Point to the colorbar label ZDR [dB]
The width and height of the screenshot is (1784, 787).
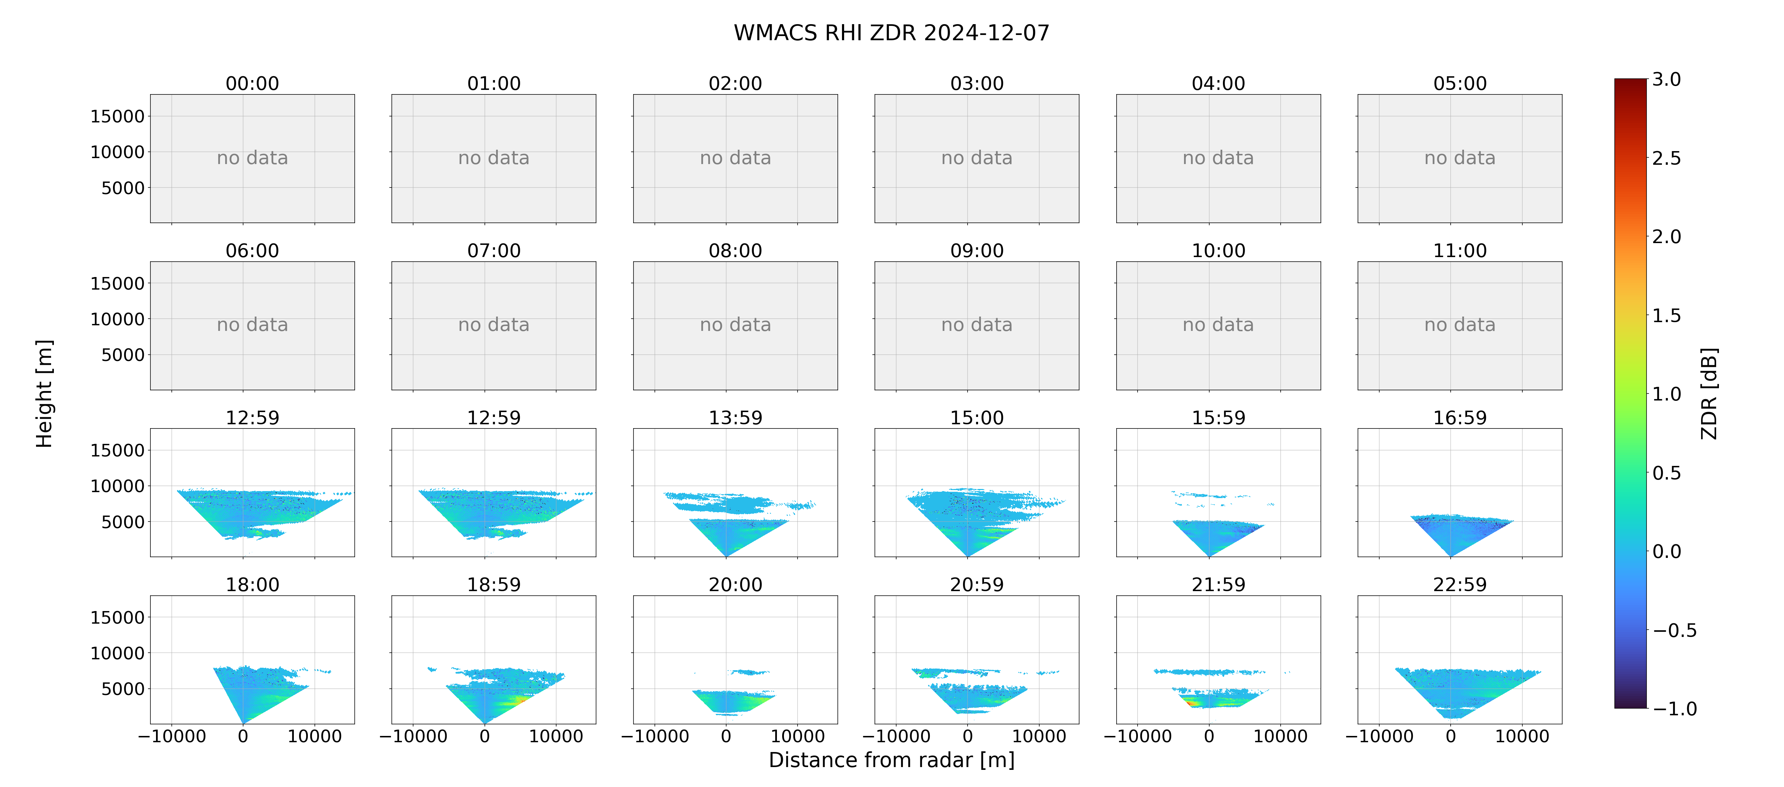(x=1709, y=393)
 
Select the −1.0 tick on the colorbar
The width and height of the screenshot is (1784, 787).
(x=1675, y=709)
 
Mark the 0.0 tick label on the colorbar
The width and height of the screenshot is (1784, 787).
(x=1666, y=552)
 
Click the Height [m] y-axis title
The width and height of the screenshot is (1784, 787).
(x=44, y=393)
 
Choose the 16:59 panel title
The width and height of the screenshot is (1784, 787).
(x=1460, y=418)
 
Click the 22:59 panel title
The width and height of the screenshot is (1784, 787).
(x=1460, y=585)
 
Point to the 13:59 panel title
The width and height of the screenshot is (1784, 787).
(x=736, y=418)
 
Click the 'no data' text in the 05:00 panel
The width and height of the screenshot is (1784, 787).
(x=1460, y=158)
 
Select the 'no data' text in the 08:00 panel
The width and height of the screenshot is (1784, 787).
(x=736, y=325)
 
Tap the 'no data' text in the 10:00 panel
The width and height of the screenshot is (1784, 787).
(x=1218, y=325)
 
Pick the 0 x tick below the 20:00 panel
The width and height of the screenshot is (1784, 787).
(x=726, y=736)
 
